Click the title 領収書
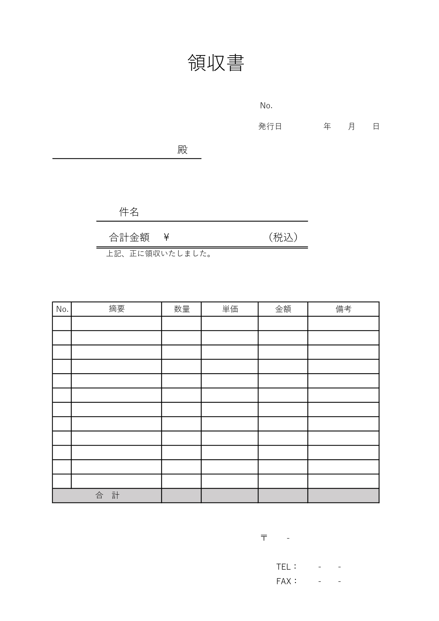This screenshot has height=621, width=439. pyautogui.click(x=216, y=63)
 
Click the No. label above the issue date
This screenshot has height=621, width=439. pyautogui.click(x=266, y=106)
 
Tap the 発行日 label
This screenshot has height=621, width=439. pyautogui.click(x=270, y=126)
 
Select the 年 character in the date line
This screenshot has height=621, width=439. pyautogui.click(x=327, y=126)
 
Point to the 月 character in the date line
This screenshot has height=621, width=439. pyautogui.click(x=352, y=126)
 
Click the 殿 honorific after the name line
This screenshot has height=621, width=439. pyautogui.click(x=182, y=150)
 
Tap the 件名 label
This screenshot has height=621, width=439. pyautogui.click(x=129, y=212)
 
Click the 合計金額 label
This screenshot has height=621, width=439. pyautogui.click(x=129, y=237)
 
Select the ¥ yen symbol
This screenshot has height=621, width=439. pyautogui.click(x=166, y=237)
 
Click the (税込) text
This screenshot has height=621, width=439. pyautogui.click(x=283, y=237)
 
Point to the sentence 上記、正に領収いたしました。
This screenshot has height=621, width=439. pyautogui.click(x=159, y=253)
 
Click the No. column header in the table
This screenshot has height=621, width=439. pyautogui.click(x=62, y=309)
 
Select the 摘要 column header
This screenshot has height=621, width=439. pyautogui.click(x=116, y=309)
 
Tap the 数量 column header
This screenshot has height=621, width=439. pyautogui.click(x=182, y=309)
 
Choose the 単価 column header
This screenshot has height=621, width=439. pyautogui.click(x=230, y=309)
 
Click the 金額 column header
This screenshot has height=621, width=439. pyautogui.click(x=283, y=309)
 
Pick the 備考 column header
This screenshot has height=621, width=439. pyautogui.click(x=343, y=309)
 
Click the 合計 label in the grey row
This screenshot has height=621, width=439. pyautogui.click(x=107, y=495)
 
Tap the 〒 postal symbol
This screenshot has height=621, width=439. pyautogui.click(x=264, y=538)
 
